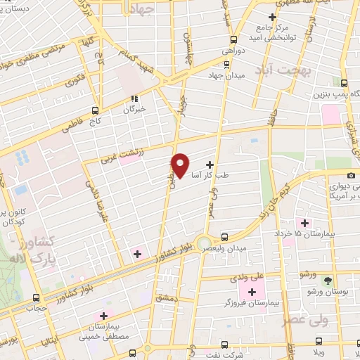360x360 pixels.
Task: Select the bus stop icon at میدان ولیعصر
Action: pos(224,237)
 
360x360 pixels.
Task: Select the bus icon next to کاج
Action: pos(96,110)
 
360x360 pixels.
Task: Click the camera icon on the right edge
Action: pos(351,175)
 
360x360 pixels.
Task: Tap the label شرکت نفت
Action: pos(245,353)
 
